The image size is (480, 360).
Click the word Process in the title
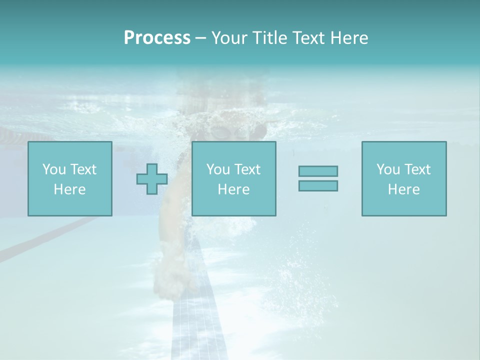tap(157, 38)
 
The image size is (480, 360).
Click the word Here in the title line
tap(349, 38)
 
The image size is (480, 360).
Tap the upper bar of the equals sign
tap(318, 171)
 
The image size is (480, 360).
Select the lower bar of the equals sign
tap(318, 185)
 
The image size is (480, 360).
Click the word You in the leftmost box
tap(53, 169)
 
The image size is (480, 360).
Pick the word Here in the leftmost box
tap(69, 189)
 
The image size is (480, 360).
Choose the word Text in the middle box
tap(247, 169)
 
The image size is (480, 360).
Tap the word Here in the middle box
tap(233, 189)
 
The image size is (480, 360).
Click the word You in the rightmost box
tap(388, 169)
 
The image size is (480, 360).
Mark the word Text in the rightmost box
tap(417, 169)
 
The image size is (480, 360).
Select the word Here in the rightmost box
tap(403, 189)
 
